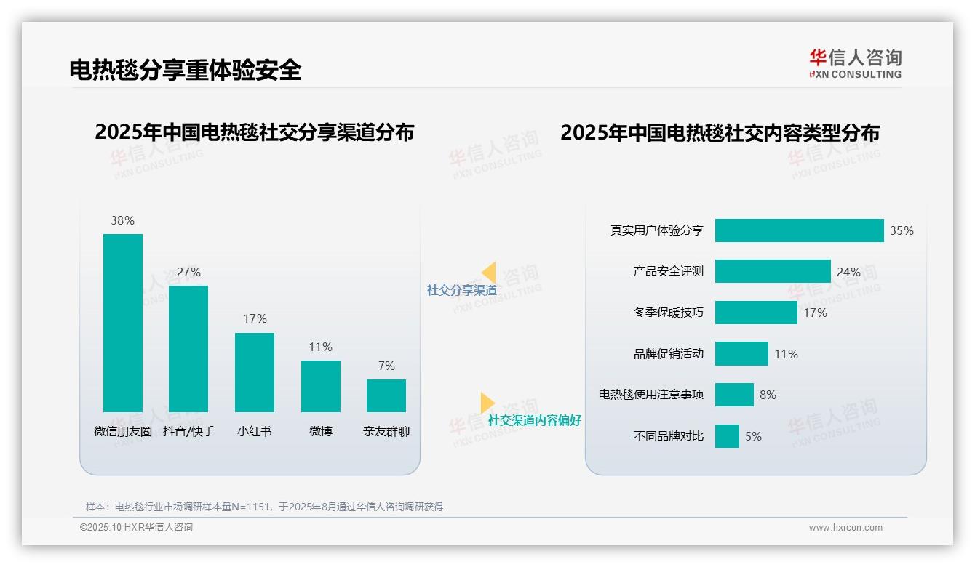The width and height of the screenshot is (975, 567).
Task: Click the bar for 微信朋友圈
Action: point(123,323)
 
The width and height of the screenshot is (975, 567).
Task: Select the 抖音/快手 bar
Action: point(188,349)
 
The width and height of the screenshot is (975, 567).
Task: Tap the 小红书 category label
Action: point(255,431)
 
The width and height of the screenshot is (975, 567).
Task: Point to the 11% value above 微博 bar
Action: point(320,347)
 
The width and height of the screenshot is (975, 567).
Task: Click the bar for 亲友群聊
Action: point(386,395)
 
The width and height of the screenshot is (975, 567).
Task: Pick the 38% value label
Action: point(122,220)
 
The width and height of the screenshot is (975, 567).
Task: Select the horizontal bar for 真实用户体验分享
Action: point(799,230)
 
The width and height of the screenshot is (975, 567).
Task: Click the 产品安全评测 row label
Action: point(668,271)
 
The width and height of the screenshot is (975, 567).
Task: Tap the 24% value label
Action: point(848,272)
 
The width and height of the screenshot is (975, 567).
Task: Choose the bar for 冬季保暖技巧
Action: point(756,313)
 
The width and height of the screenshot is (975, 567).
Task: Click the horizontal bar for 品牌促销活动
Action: point(741,354)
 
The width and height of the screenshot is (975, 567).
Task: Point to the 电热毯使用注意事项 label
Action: point(651,395)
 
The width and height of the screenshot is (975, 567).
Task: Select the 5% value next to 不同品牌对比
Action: point(753,436)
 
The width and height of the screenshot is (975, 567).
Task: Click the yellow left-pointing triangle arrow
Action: point(489,273)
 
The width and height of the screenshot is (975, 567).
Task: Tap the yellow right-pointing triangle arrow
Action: point(487,403)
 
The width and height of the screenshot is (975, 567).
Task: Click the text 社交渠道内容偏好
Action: point(534,420)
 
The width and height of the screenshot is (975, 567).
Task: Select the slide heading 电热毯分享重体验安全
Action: point(185,70)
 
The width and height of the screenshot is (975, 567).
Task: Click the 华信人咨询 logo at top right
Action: point(855,63)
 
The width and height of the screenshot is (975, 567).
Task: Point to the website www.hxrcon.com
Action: point(845,528)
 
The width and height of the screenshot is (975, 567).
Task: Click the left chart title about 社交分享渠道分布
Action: point(254,132)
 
